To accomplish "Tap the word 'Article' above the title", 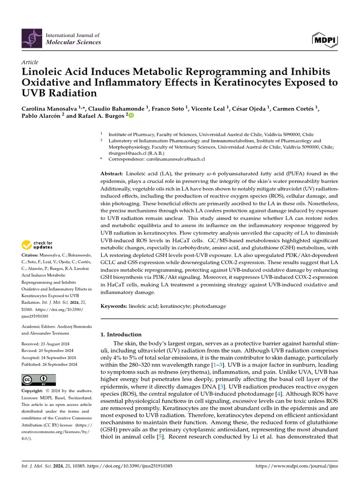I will [x=30, y=62].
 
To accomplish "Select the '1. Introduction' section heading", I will [x=121, y=335].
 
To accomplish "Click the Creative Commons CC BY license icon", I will [x=39, y=380].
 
